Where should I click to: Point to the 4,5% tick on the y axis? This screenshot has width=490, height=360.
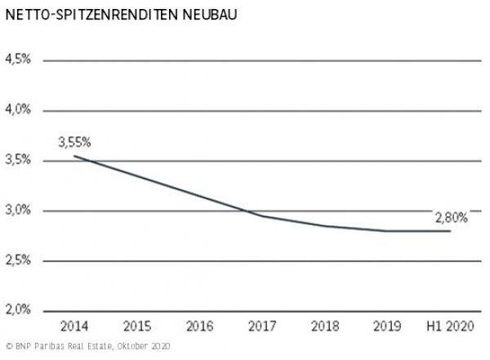(x=17, y=60)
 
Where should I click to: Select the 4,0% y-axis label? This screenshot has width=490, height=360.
(x=17, y=110)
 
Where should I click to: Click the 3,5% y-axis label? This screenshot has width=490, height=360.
(x=17, y=161)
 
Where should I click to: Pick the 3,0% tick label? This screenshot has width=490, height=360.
(x=17, y=211)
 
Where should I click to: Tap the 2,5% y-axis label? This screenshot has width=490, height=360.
(x=17, y=260)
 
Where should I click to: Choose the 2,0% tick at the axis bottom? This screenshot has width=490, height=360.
(x=17, y=310)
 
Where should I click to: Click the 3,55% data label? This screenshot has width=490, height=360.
(x=74, y=141)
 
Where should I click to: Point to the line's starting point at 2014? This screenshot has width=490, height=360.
(x=74, y=156)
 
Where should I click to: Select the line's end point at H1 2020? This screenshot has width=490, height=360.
(x=450, y=231)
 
